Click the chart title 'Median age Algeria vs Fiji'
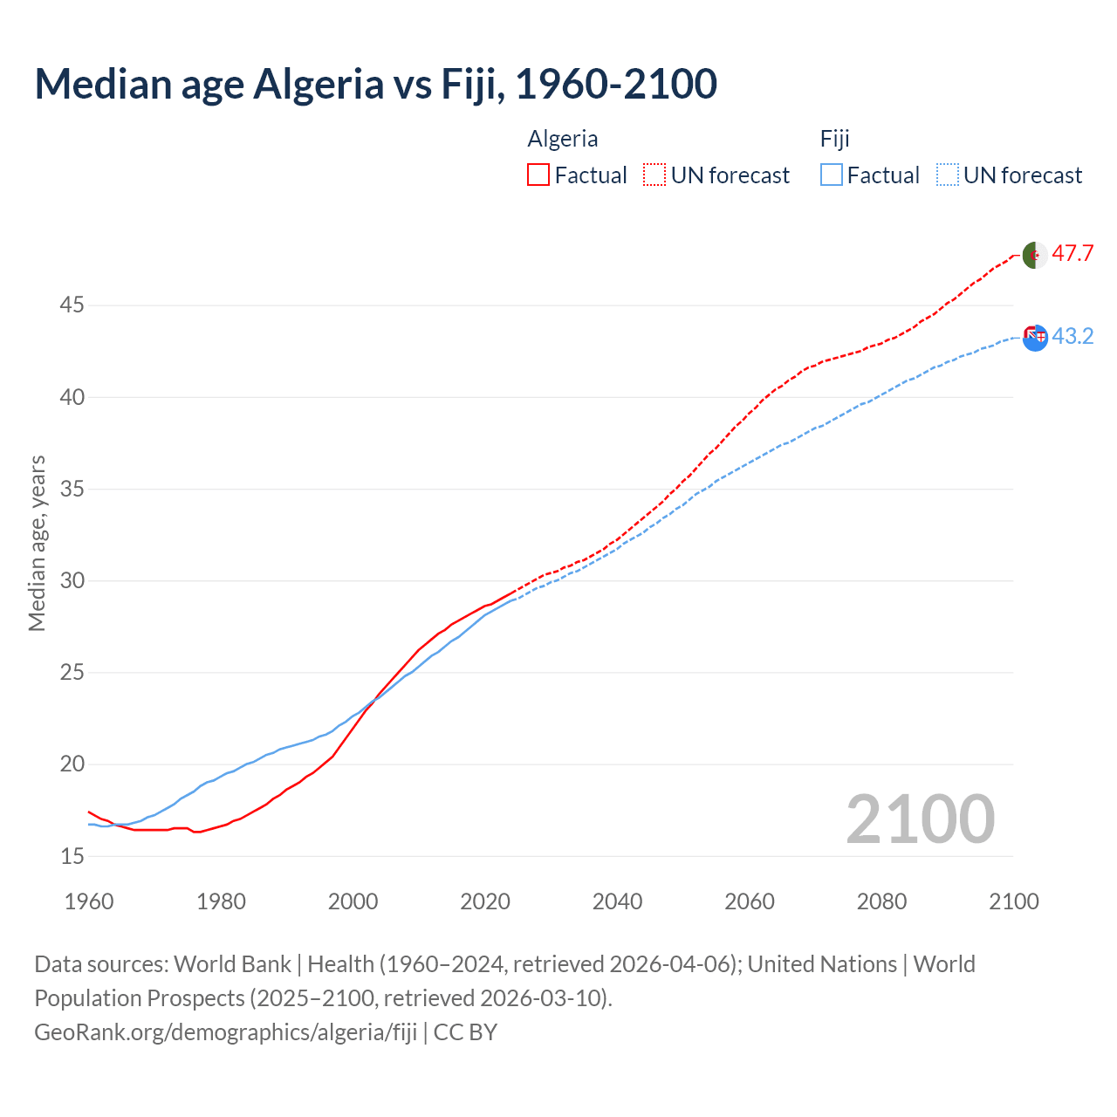pos(375,84)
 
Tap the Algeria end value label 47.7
pos(1072,254)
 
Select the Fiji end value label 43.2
pos(1072,336)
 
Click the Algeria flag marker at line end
pos(1035,255)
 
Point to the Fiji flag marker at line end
pos(1035,338)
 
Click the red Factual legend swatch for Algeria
pos(538,175)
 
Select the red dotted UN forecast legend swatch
pos(654,175)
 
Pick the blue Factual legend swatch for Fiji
pos(832,175)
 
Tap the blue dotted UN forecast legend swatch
pos(948,175)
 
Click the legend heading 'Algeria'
pos(563,139)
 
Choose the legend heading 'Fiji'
pos(835,139)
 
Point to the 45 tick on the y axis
pos(72,305)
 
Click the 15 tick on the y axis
pos(72,857)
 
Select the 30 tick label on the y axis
pos(72,581)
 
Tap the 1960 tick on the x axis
pos(89,901)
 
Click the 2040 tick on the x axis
pos(617,901)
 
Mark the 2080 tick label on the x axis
pos(881,901)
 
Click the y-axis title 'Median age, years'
pos(37,543)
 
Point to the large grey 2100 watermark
pos(921,819)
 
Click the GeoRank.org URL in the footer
pos(226,1032)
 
